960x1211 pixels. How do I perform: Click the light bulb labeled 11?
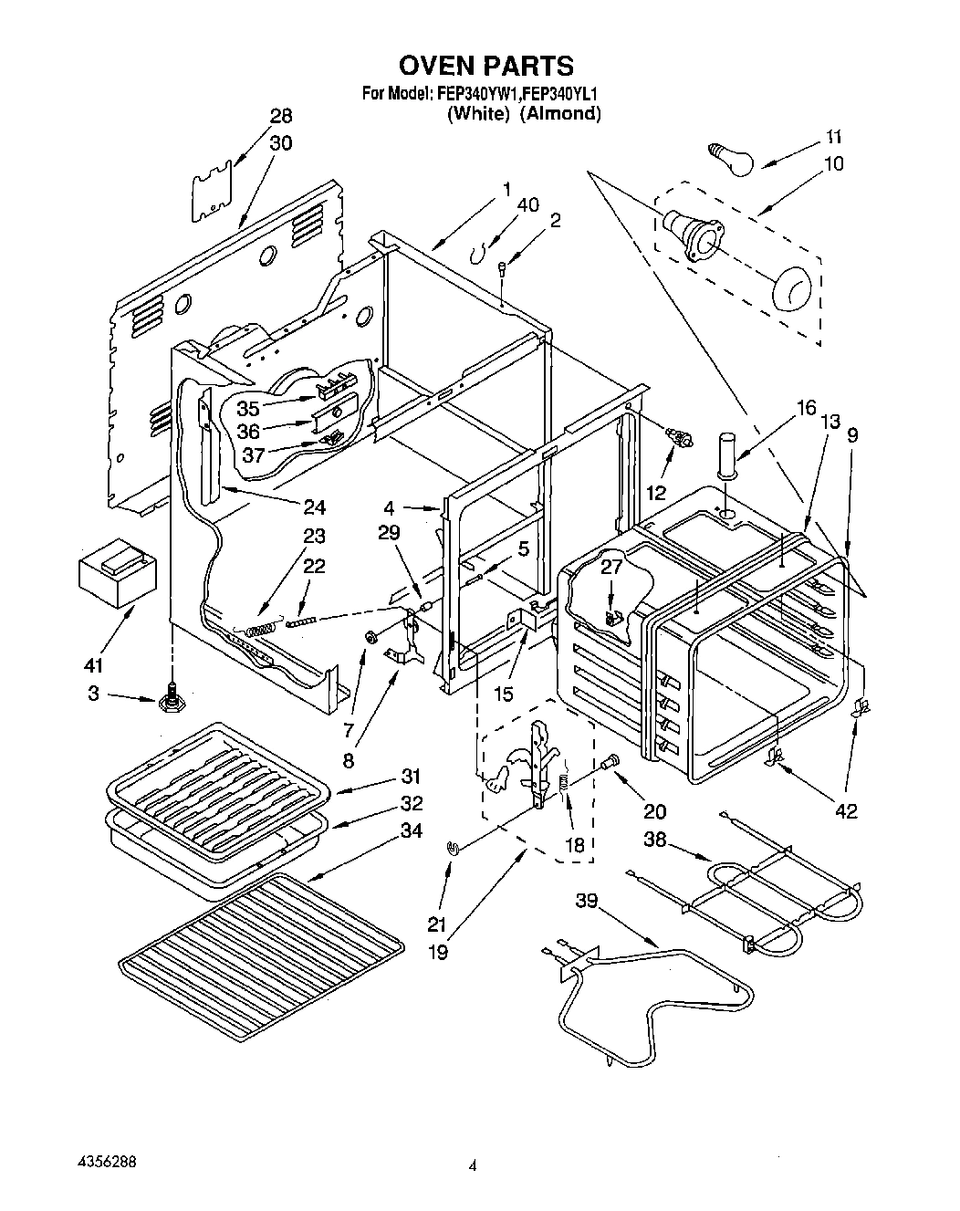732,158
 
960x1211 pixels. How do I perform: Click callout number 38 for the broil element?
654,840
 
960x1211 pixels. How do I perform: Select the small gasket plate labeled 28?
212,193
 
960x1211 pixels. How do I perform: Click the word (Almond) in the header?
560,114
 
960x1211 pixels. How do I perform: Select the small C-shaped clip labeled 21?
453,849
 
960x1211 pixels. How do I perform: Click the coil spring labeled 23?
260,628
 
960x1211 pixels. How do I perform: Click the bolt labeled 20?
612,759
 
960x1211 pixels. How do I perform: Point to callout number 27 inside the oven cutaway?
610,565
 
